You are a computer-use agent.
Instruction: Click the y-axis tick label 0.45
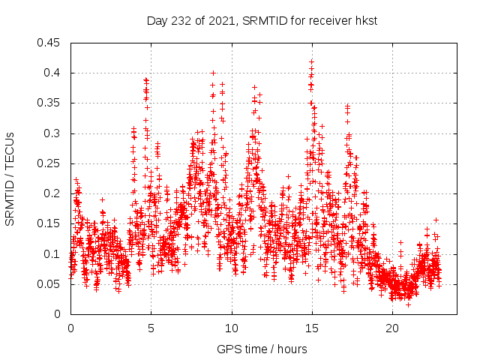point(51,43)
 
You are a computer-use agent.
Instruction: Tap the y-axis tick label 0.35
point(51,103)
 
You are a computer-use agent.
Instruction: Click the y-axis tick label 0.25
point(51,163)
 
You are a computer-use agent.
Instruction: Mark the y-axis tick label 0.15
point(51,223)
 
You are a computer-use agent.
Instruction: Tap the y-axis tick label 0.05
point(51,283)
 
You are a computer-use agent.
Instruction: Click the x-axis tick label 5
point(151,328)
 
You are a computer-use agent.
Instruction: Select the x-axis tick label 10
point(232,328)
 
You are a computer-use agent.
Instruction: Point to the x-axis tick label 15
point(312,328)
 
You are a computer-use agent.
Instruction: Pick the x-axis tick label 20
point(392,328)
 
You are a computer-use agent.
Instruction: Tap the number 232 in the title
point(181,21)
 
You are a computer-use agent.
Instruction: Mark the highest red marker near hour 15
point(311,61)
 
